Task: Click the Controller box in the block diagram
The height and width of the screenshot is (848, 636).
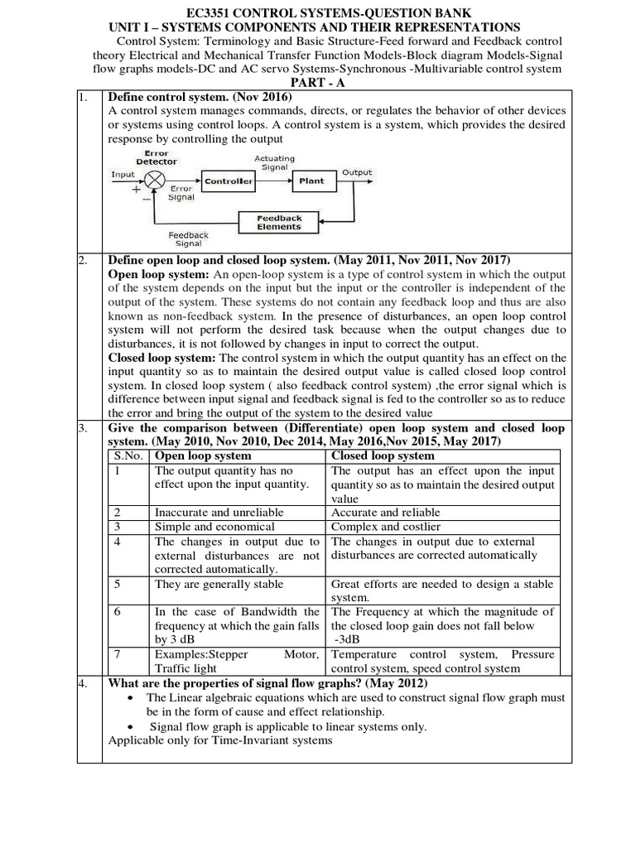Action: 229,181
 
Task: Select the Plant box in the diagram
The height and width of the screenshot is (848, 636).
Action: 312,180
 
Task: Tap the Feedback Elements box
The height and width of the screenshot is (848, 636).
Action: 279,223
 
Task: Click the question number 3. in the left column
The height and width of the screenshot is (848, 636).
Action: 83,428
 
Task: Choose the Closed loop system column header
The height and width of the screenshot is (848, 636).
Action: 382,455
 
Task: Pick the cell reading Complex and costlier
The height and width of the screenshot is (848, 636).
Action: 386,527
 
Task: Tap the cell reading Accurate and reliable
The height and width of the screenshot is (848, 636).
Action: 385,513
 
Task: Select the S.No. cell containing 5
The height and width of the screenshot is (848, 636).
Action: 118,584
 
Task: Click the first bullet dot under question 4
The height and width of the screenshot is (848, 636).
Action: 133,698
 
